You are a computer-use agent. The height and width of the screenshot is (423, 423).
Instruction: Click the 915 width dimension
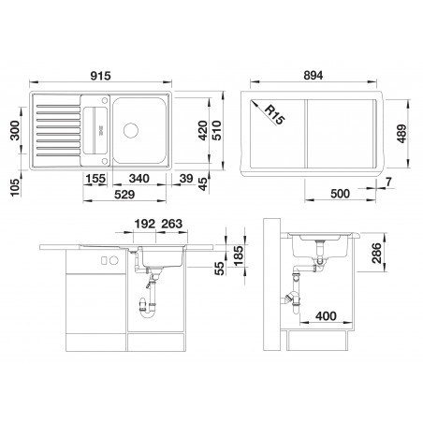[100, 76]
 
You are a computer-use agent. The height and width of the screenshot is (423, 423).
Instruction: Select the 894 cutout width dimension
[314, 76]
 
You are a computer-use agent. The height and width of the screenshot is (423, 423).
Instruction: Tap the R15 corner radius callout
[275, 114]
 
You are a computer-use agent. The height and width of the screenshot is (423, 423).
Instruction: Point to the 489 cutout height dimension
[401, 134]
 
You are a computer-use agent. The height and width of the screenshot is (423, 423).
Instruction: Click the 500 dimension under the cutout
[340, 194]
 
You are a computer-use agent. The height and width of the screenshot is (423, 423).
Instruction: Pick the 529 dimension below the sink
[124, 195]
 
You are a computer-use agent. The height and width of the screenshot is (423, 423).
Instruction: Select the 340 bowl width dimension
[139, 179]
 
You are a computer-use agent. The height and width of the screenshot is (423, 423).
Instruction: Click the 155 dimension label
[95, 179]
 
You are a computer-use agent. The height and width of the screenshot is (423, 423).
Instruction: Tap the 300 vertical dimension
[15, 130]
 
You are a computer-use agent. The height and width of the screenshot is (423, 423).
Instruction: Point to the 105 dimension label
[15, 187]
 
